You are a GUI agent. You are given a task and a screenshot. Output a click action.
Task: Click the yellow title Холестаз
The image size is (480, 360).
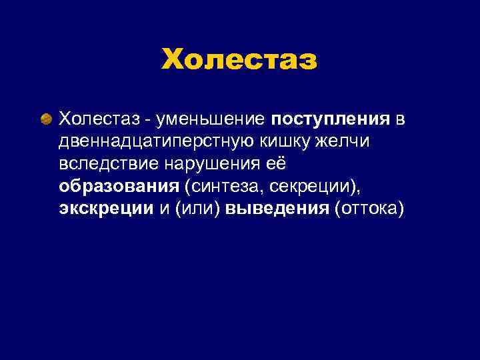[239, 59]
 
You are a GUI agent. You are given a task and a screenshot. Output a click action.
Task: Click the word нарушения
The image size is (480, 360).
[215, 165]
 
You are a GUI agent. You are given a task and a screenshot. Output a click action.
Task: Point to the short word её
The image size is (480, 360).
[277, 164]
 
